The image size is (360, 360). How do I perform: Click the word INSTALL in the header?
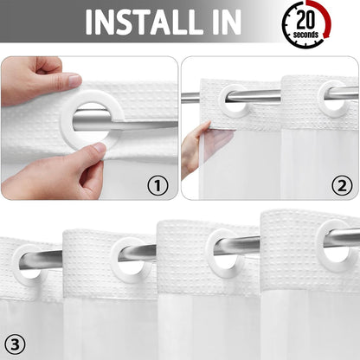click(151, 23)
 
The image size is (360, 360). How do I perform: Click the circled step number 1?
click(157, 183)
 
